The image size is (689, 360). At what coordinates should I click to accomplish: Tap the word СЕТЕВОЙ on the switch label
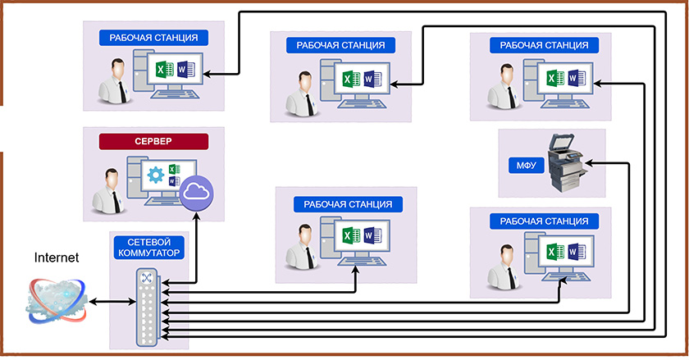(148, 242)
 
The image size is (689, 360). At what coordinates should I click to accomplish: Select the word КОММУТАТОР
(148, 253)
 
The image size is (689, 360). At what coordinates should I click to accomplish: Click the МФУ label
(526, 165)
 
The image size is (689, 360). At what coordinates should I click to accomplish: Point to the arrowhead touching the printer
(589, 164)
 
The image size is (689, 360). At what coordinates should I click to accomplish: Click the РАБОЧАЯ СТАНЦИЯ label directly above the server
(148, 37)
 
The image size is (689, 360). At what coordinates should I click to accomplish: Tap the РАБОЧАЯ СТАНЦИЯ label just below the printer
(537, 221)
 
